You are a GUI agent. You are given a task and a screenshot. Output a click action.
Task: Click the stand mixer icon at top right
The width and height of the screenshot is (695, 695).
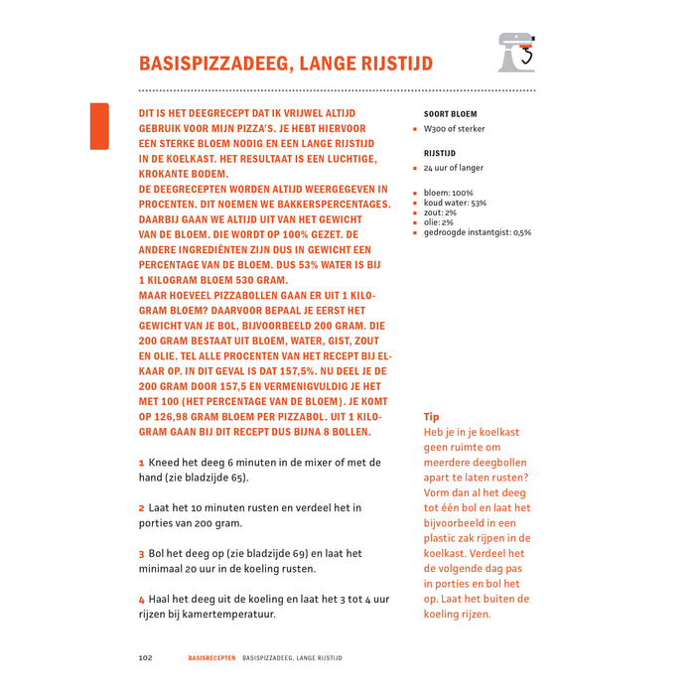click(516, 53)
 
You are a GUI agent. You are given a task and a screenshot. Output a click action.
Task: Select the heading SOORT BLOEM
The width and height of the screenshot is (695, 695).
click(450, 114)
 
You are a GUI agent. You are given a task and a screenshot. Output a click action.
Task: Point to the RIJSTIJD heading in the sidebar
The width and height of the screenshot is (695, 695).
click(440, 154)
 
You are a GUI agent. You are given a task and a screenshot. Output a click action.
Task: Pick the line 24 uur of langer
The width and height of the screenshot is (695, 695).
click(453, 169)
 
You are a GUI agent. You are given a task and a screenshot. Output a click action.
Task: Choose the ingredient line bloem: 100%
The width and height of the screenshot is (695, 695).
click(449, 193)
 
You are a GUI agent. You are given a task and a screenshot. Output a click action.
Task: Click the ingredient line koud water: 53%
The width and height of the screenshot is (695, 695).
click(455, 203)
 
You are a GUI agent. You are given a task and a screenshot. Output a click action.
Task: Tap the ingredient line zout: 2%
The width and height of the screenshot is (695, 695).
click(440, 212)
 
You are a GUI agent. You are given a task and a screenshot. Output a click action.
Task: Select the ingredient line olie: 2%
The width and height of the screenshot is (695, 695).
click(439, 222)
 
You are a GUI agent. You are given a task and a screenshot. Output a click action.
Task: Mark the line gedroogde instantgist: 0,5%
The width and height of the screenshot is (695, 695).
click(478, 232)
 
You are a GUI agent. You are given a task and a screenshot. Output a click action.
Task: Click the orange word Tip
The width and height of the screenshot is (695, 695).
click(431, 417)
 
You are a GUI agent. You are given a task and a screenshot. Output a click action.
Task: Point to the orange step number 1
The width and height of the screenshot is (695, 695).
click(142, 463)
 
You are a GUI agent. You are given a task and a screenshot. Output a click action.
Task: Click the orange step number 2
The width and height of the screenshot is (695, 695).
click(142, 508)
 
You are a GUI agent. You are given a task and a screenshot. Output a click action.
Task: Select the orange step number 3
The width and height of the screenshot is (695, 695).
click(142, 554)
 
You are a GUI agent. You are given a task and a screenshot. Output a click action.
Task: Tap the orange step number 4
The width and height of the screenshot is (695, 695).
click(142, 600)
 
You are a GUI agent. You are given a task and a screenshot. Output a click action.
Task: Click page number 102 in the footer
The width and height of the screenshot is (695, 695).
click(145, 658)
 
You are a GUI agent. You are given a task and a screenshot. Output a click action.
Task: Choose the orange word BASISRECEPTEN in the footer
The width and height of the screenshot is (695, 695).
click(211, 658)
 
